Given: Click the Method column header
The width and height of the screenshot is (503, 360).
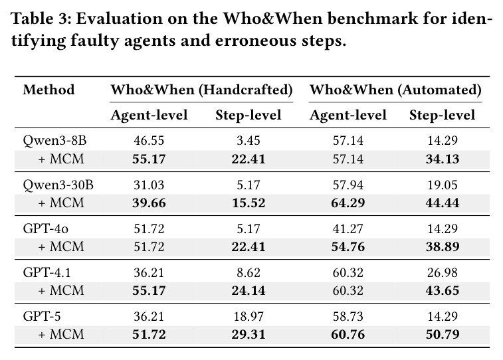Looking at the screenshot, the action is pyautogui.click(x=49, y=90).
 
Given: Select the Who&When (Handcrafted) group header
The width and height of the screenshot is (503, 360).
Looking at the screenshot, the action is pyautogui.click(x=201, y=90).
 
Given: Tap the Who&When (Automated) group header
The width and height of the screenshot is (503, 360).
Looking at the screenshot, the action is pyautogui.click(x=395, y=90).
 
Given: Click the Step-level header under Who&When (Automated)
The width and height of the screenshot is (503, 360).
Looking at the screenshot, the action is pyautogui.click(x=442, y=115).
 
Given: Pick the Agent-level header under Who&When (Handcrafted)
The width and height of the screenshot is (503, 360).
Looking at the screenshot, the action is pyautogui.click(x=149, y=116).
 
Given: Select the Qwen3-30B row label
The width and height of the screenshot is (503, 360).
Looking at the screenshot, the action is pyautogui.click(x=58, y=185).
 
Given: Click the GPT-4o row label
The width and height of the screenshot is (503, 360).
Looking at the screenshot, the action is pyautogui.click(x=46, y=228).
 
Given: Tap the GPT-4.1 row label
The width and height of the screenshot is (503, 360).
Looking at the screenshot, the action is pyautogui.click(x=47, y=272).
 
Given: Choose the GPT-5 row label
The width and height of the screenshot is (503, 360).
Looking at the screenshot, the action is pyautogui.click(x=42, y=316).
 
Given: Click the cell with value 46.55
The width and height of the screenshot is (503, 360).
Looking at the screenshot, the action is pyautogui.click(x=149, y=140).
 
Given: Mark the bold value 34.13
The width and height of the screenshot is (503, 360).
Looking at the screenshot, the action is pyautogui.click(x=443, y=159).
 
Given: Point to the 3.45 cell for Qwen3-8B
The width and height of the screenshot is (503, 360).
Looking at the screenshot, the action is pyautogui.click(x=249, y=140).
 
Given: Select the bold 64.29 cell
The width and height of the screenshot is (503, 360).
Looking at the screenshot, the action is pyautogui.click(x=348, y=203).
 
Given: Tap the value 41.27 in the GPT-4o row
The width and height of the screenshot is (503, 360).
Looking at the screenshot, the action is pyautogui.click(x=348, y=228).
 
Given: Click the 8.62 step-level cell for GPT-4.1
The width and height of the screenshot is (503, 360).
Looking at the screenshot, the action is pyautogui.click(x=249, y=272).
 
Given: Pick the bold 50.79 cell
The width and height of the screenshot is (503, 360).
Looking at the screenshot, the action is pyautogui.click(x=443, y=334).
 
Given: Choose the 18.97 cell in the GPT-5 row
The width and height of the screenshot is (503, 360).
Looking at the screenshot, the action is pyautogui.click(x=249, y=316).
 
